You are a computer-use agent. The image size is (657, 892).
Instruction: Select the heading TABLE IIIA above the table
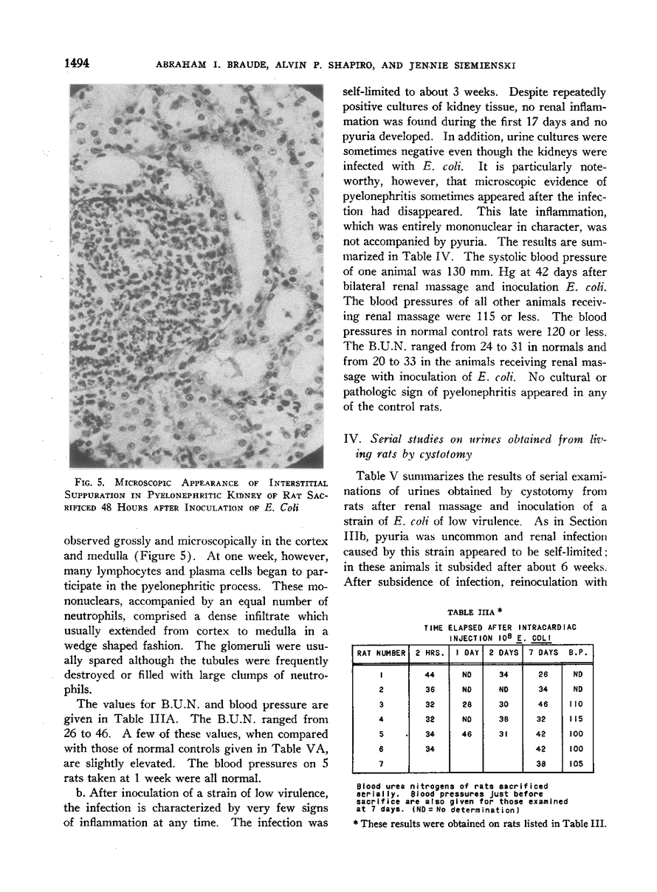[x=470, y=612]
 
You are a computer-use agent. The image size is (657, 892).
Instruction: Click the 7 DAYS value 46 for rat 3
[x=542, y=704]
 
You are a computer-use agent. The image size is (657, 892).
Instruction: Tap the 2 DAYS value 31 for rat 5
[x=502, y=734]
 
